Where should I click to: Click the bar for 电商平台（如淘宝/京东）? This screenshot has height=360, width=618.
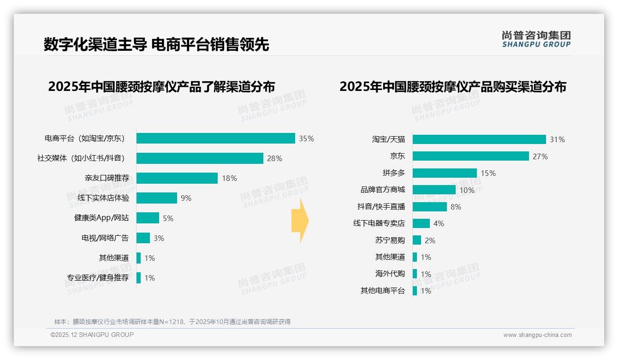click(215, 138)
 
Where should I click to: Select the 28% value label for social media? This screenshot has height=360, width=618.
click(274, 158)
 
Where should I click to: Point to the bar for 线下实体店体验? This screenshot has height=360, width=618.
click(157, 198)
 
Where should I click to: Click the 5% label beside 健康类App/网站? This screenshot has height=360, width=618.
click(168, 218)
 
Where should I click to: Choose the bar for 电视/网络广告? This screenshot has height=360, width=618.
click(143, 238)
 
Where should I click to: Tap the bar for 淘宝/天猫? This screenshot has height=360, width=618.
click(479, 139)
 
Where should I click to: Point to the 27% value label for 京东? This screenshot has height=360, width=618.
click(540, 156)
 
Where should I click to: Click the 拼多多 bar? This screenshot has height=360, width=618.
click(445, 173)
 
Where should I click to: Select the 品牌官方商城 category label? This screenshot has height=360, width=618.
click(382, 190)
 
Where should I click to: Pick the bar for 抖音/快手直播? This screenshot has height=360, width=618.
click(429, 207)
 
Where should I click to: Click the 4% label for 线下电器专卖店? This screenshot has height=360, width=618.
click(439, 223)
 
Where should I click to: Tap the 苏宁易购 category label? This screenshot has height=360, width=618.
click(390, 240)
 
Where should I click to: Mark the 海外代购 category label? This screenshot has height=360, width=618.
click(390, 274)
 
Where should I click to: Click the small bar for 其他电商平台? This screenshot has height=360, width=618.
click(415, 291)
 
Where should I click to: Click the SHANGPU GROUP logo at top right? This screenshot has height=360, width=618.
click(536, 39)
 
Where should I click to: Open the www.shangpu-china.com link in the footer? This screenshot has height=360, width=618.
click(537, 335)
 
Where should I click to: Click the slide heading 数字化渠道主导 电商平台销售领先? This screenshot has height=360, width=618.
click(156, 45)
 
